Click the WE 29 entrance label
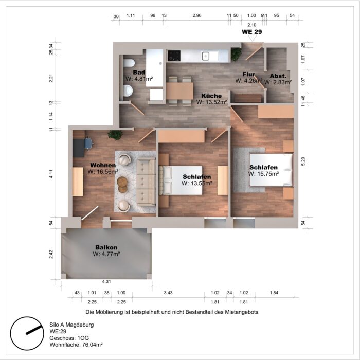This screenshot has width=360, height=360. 252,32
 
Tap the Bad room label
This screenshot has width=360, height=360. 139,73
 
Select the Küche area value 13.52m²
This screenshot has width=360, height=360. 212,102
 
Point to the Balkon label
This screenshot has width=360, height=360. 106,247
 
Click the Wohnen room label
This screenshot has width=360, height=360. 103,165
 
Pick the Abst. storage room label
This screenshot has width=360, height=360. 278,76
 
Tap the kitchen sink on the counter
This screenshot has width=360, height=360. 206,56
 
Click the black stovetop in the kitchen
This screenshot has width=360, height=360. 174,56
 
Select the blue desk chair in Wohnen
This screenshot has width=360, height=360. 88,143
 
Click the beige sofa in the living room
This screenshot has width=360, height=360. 146,182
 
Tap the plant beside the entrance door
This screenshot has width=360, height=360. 236,54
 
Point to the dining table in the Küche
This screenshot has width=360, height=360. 179,91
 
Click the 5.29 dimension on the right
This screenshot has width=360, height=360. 303,161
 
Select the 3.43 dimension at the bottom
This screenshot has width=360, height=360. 168,293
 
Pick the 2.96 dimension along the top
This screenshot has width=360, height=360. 197,15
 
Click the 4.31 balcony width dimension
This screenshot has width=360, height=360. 106,282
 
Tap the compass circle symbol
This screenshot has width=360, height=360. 27,333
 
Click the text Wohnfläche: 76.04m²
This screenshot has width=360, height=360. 76,345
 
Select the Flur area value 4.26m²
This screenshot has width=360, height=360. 249,81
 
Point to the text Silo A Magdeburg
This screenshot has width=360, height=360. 71,325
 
